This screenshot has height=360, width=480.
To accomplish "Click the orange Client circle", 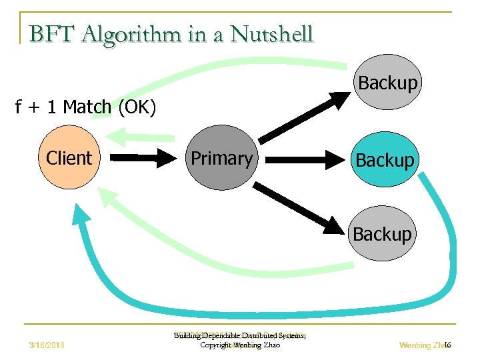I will click(x=68, y=159).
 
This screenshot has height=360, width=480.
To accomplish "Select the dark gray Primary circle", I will click(x=221, y=159).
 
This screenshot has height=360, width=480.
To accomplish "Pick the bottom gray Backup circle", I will click(x=383, y=235).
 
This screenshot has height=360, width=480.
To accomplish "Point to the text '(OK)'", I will click(x=137, y=107).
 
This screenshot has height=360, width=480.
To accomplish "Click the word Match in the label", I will click(x=88, y=107).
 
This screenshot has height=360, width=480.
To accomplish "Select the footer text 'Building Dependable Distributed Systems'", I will click(x=240, y=336).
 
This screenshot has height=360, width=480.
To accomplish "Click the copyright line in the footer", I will click(x=240, y=345).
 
